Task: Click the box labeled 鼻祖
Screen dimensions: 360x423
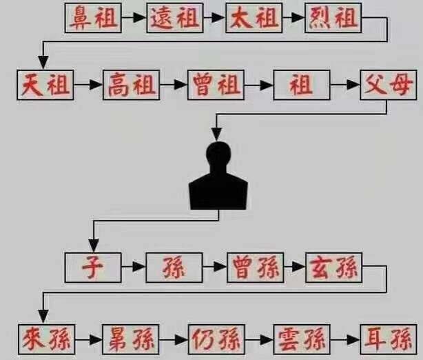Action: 93,19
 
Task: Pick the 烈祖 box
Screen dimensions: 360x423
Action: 333,19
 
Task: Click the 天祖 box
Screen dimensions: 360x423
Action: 43,86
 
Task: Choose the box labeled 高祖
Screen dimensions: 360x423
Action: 130,86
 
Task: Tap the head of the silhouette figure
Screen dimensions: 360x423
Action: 218,155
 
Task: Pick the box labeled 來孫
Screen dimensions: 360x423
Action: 43,339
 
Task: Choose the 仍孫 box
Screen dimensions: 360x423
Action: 215,339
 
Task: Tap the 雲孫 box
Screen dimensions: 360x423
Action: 300,339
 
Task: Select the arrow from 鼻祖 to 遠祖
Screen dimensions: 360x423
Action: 134,19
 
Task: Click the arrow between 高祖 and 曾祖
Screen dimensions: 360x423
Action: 172,86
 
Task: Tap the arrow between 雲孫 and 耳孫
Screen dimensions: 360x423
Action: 345,339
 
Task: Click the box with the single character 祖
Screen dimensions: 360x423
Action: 300,86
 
